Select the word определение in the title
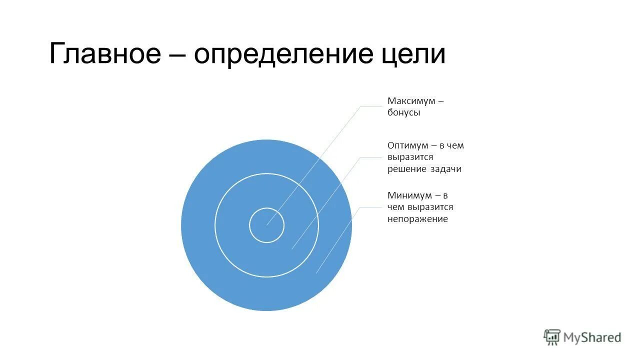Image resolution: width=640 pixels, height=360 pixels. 273,54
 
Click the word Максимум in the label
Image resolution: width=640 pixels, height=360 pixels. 410,101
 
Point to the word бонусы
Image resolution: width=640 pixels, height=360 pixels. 404,113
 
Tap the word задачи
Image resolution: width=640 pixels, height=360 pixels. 445,169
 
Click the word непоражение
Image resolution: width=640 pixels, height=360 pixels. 417,219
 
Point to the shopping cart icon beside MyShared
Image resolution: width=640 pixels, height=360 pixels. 552,337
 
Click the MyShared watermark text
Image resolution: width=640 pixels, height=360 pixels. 592,337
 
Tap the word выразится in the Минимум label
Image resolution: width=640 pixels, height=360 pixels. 430,207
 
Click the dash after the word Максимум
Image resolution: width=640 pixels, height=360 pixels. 440,101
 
